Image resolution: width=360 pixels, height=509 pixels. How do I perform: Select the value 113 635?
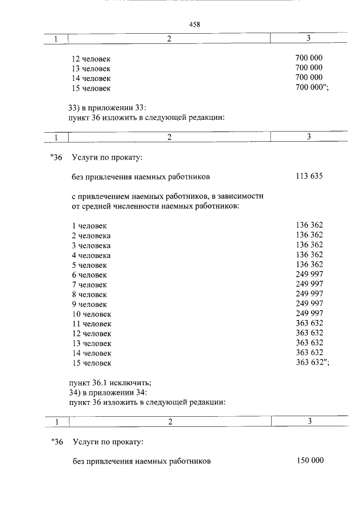(x=309, y=177)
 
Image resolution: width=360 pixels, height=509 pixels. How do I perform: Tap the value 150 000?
(x=310, y=461)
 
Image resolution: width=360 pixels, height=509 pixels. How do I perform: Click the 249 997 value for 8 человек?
(x=309, y=294)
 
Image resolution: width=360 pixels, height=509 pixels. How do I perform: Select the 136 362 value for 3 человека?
(x=309, y=245)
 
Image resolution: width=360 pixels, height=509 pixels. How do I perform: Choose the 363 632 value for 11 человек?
(x=309, y=323)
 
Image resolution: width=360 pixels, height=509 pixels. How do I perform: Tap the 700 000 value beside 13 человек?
(x=309, y=68)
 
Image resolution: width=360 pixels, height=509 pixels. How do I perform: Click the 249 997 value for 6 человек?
(x=309, y=274)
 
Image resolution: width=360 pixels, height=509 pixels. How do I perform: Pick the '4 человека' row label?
(x=91, y=255)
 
